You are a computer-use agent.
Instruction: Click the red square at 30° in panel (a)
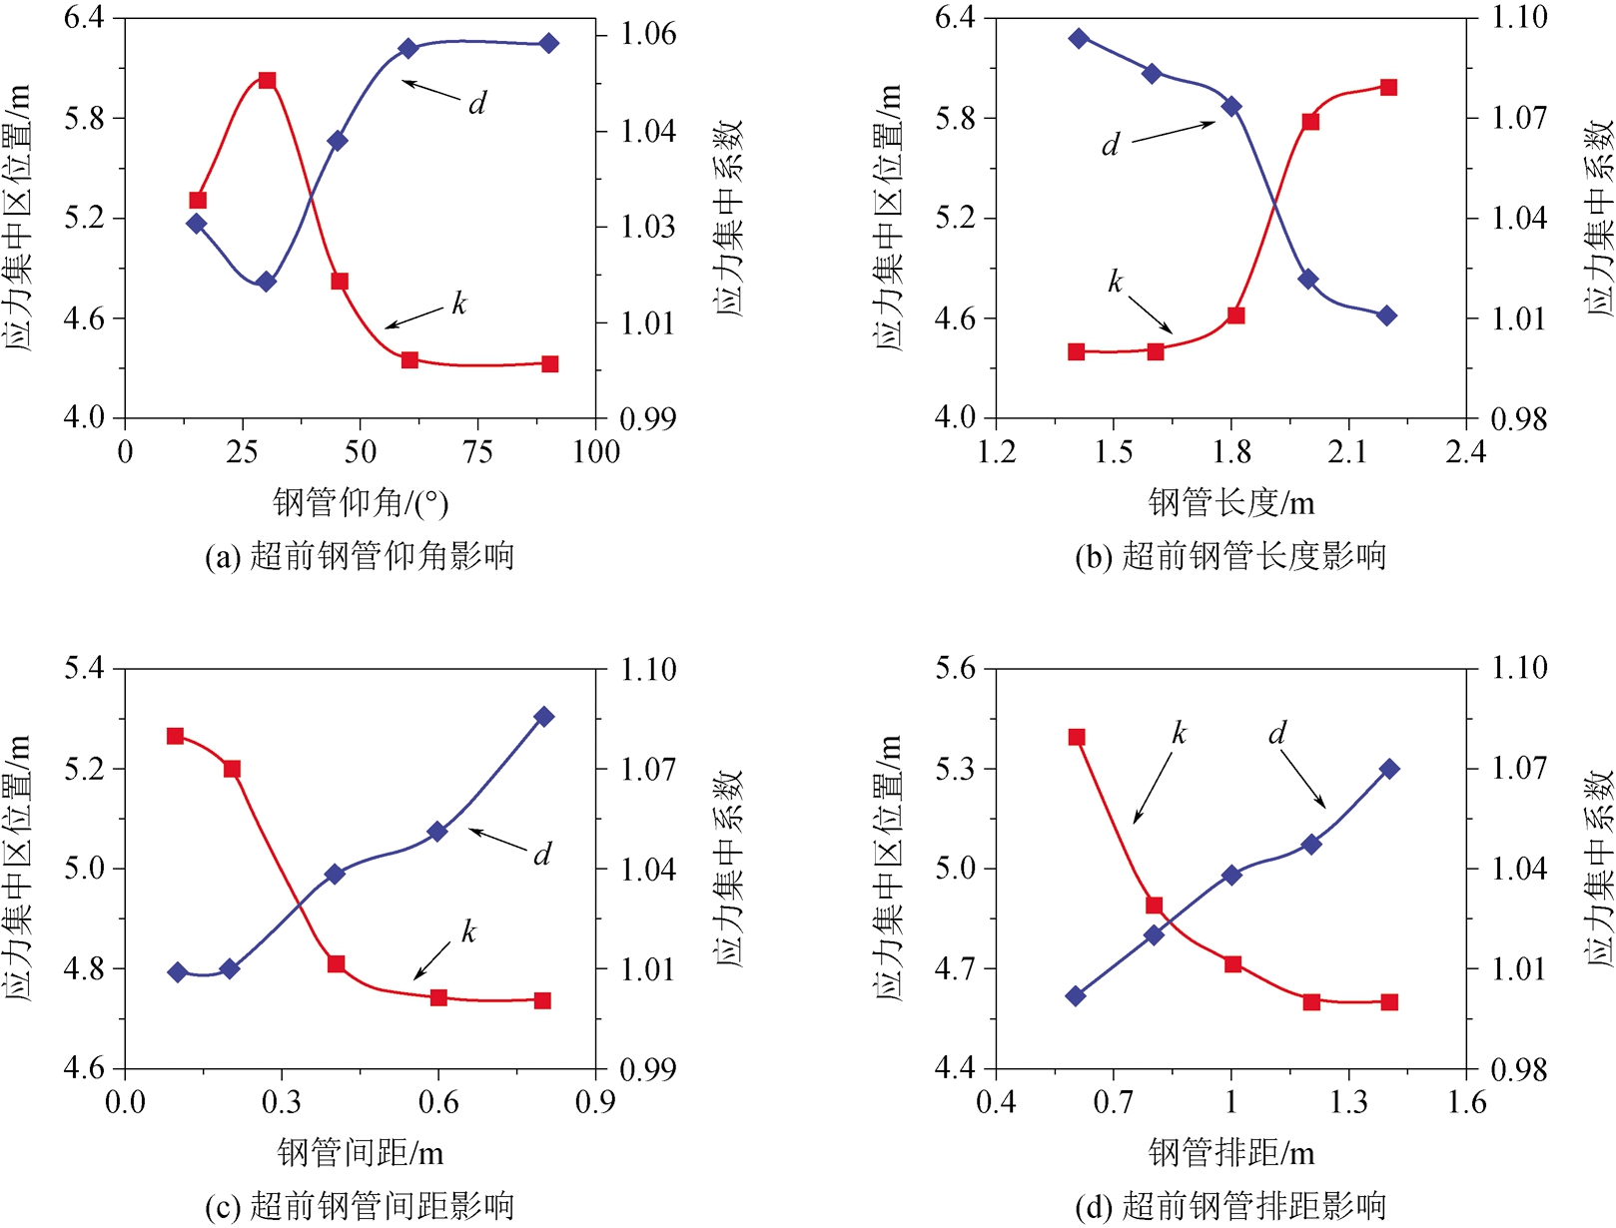point(267,81)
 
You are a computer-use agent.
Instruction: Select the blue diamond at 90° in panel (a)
point(549,43)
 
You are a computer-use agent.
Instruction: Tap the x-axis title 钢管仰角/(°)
point(361,502)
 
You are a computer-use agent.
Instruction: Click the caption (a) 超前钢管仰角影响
point(360,556)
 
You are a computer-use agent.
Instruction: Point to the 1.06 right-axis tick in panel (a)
point(648,35)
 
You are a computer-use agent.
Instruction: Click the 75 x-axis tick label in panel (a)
point(477,452)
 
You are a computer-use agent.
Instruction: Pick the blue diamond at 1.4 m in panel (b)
point(1079,38)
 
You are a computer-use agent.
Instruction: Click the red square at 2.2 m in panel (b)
point(1388,88)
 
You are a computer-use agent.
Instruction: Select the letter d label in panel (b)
point(1110,146)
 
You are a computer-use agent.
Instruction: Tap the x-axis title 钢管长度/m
point(1231,502)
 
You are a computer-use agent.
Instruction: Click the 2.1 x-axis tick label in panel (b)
point(1347,452)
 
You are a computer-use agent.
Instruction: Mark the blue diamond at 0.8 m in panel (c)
point(544,717)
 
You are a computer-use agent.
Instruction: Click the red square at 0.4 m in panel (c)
point(337,964)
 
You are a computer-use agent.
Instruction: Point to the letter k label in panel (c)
point(468,932)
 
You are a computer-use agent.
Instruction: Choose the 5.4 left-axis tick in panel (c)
point(84,668)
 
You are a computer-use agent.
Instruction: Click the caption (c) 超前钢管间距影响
point(360,1206)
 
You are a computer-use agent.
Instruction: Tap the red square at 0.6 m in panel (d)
point(1077,738)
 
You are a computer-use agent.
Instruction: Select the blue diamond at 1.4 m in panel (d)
point(1389,769)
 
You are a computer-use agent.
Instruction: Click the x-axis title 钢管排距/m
point(1231,1153)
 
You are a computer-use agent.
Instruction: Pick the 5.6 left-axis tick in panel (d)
point(955,668)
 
